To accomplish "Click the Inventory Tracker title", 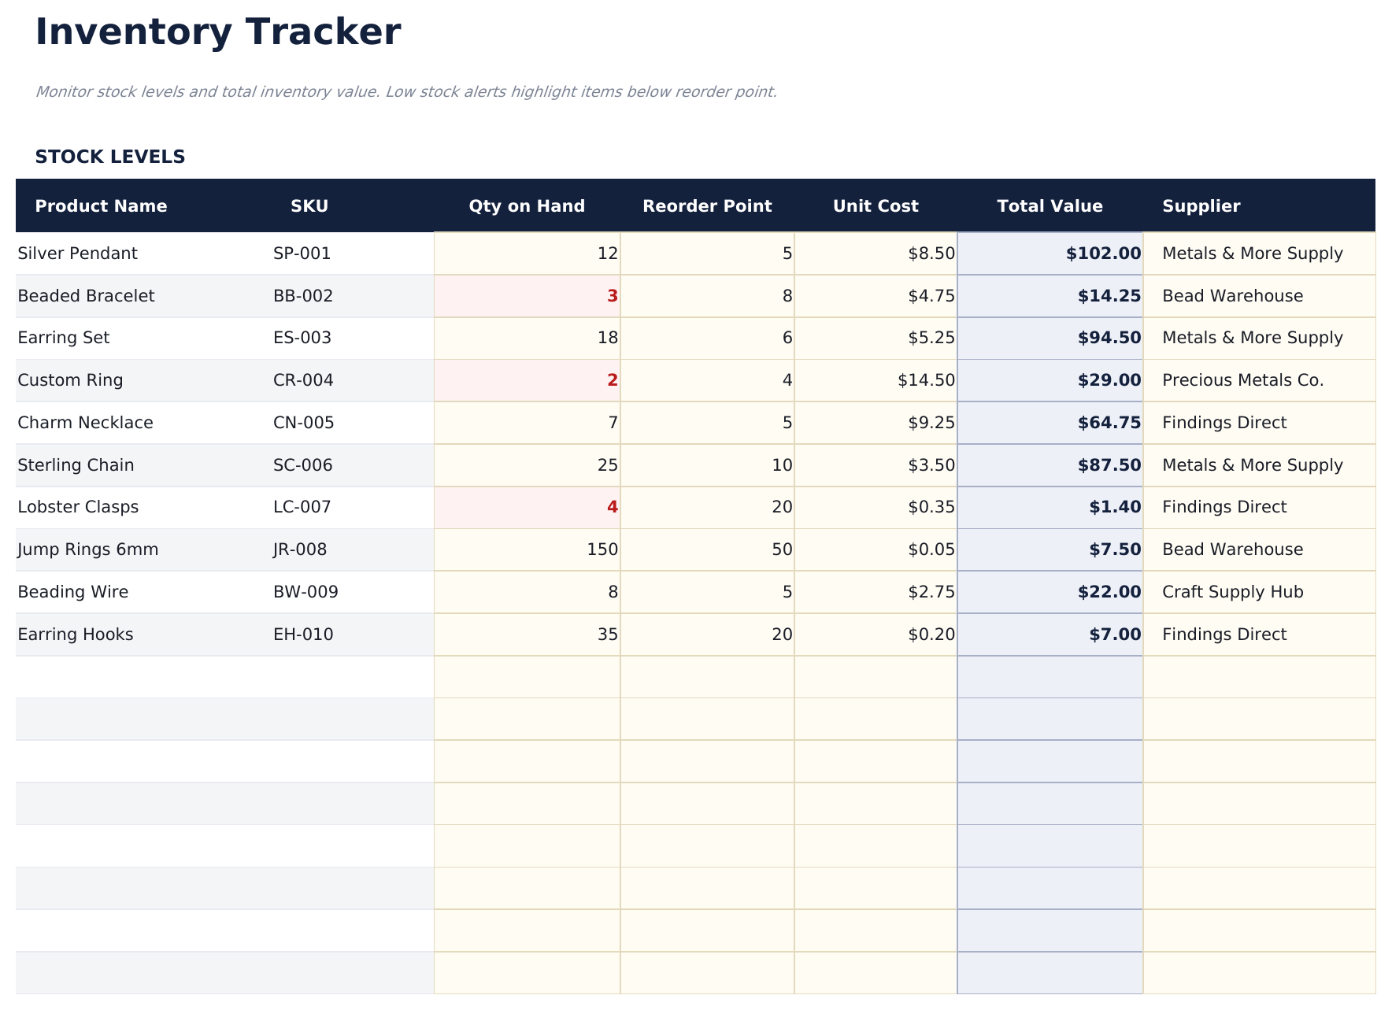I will coord(218,33).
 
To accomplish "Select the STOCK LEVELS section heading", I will coord(110,157).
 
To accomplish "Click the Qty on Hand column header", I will coord(527,206).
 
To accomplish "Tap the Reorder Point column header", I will coord(707,206).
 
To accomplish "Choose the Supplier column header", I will coord(1201,206).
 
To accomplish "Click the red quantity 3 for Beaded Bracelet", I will coord(612,296).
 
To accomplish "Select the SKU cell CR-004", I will coord(303,380).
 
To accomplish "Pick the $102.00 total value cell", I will coord(1103,253).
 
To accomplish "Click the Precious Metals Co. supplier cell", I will coord(1242,380).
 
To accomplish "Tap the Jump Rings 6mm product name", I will coord(88,549).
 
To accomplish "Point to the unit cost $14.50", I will coord(926,380).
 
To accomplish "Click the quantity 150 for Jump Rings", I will coord(602,549).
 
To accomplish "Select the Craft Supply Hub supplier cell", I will coord(1232,592).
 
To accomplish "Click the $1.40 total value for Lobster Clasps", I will coord(1115,507).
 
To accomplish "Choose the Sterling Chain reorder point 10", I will coord(782,465).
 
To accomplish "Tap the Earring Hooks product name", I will coord(76,634).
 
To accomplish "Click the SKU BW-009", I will coord(305,592).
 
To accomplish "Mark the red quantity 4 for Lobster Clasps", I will coord(612,507).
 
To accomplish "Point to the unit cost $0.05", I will coord(931,549).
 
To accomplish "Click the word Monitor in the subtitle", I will coord(63,92).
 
